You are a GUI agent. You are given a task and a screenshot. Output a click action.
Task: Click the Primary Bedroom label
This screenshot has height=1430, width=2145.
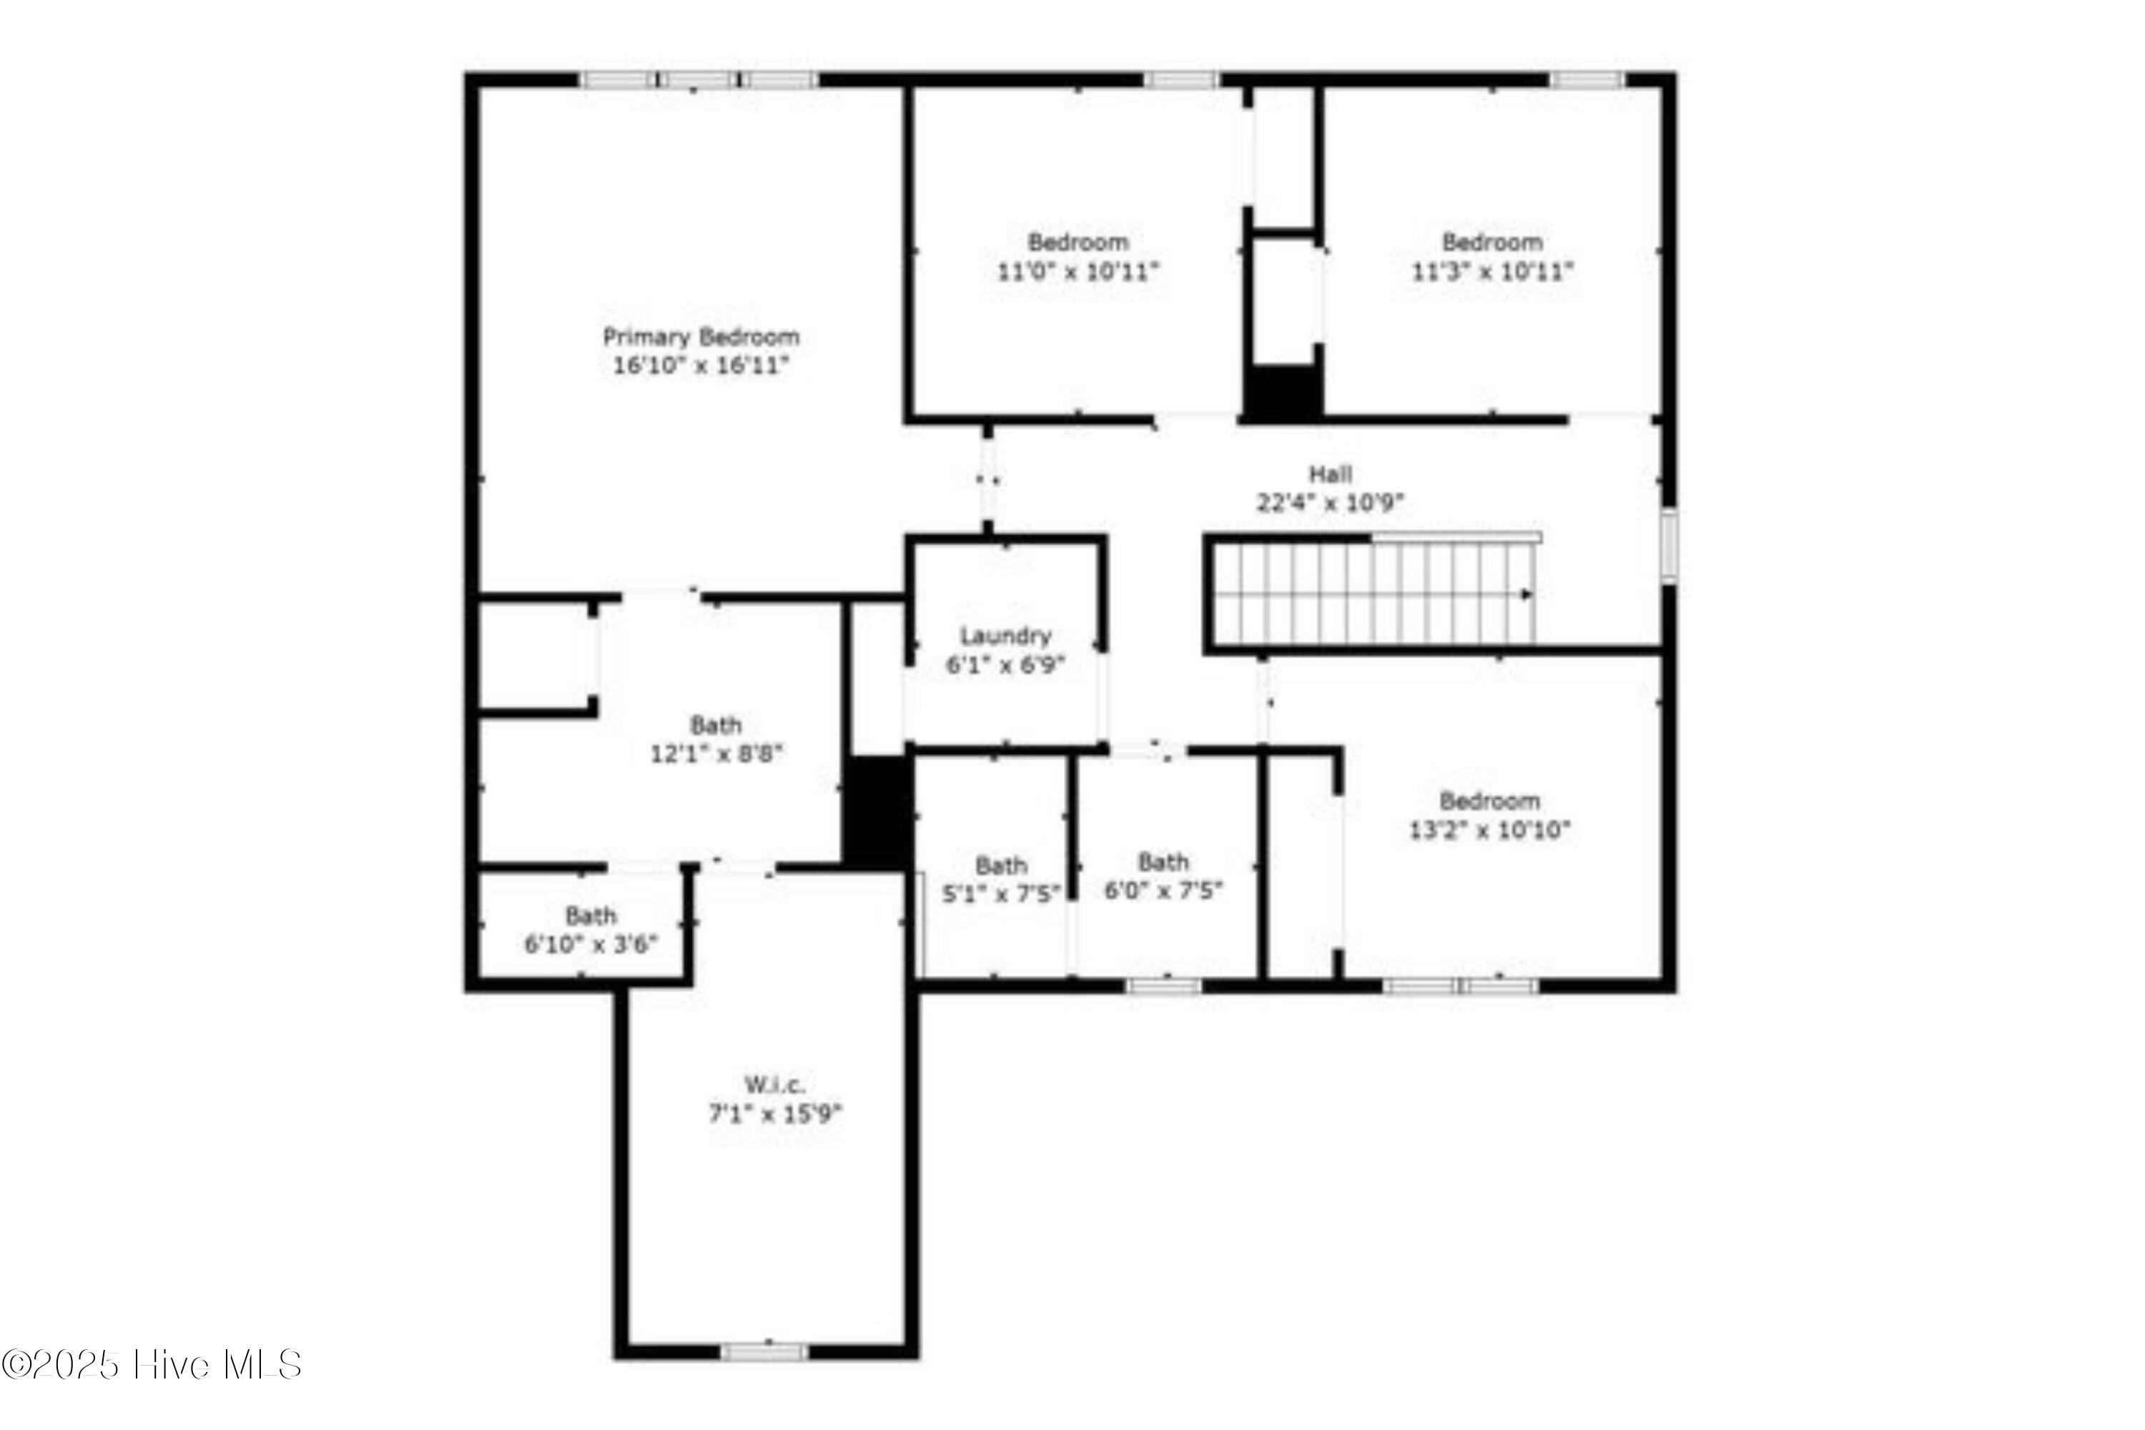(x=701, y=337)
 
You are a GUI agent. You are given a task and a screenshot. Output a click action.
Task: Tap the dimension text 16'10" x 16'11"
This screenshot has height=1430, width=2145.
(x=701, y=365)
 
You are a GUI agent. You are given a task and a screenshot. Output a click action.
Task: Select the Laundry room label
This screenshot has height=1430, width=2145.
(x=1005, y=636)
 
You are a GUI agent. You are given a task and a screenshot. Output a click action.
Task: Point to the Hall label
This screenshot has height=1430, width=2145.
(x=1331, y=474)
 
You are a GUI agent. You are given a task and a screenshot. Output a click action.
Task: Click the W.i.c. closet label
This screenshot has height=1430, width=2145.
(x=774, y=1085)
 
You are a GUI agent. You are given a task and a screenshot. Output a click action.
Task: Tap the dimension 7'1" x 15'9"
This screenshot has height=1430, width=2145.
(x=775, y=1113)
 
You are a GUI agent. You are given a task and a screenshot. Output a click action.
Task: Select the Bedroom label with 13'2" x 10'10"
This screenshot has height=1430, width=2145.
(x=1489, y=801)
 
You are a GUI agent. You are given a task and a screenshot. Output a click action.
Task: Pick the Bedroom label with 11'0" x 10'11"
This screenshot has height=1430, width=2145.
(x=1078, y=242)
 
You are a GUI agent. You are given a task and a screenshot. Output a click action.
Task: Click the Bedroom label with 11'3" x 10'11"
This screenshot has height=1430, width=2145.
(x=1492, y=242)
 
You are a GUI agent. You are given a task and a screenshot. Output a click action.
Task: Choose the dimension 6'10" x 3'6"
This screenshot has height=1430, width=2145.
(x=591, y=944)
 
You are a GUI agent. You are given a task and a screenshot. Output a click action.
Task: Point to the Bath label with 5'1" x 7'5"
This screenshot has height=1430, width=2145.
(x=1002, y=864)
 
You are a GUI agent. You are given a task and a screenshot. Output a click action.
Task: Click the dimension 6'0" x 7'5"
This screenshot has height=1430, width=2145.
(x=1164, y=890)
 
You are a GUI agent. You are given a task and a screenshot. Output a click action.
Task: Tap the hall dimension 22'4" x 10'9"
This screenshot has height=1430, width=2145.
(x=1330, y=503)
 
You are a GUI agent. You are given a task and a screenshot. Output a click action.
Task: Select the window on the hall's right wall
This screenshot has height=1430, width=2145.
(x=1668, y=546)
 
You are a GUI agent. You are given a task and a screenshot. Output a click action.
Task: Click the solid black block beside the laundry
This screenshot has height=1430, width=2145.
(x=877, y=812)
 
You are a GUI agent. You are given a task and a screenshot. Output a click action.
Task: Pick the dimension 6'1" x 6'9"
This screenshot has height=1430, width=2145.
(x=1005, y=665)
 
